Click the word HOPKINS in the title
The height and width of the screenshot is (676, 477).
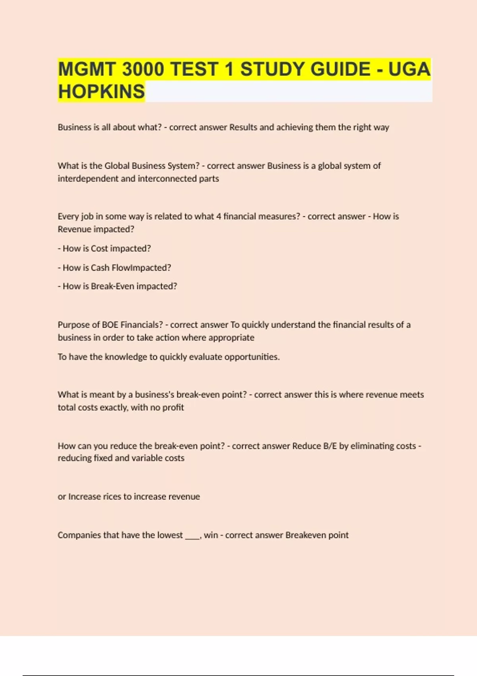coord(101,91)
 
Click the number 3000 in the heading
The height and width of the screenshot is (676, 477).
coord(143,69)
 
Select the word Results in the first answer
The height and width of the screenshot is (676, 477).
coord(243,127)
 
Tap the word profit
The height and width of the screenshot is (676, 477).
coord(173,407)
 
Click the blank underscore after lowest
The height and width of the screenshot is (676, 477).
coord(192,536)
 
